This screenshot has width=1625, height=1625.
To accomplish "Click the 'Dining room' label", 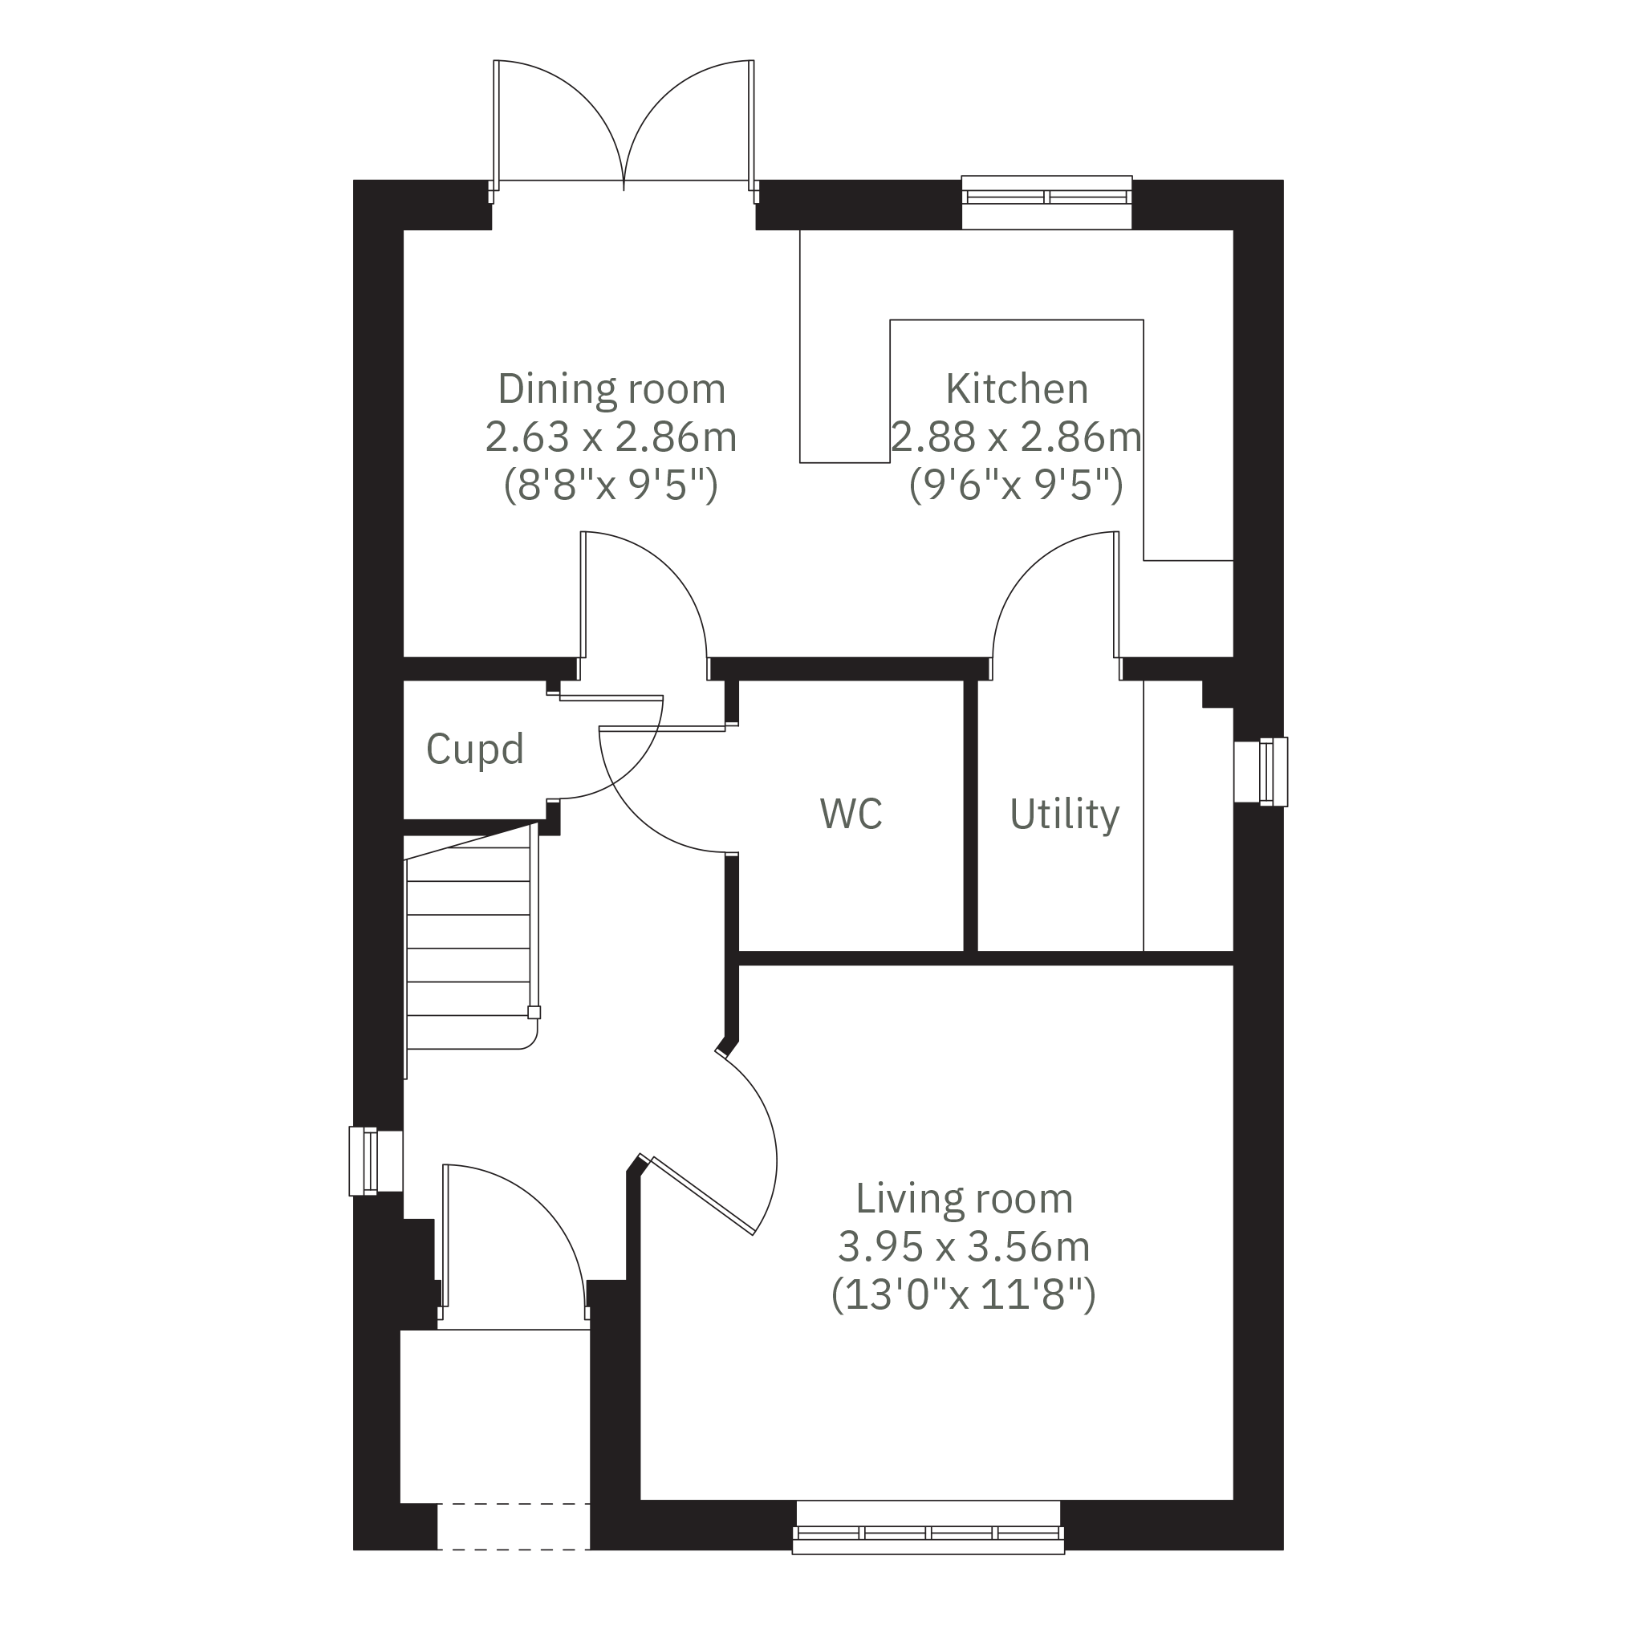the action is coord(611,389).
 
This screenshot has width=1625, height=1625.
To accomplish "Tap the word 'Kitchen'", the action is coord(1017,388).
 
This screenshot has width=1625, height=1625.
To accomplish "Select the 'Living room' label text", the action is coord(964,1199).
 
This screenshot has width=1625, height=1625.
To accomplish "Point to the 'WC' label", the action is coord(851,814).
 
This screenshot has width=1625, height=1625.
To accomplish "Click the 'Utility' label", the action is coord(1065,815).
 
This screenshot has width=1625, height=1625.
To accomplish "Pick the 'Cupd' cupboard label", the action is coord(475,749).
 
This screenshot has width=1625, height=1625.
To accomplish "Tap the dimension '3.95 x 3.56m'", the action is coord(964,1246).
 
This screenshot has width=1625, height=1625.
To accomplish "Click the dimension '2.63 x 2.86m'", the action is coord(611,437).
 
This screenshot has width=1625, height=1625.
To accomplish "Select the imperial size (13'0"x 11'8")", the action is coord(964,1294).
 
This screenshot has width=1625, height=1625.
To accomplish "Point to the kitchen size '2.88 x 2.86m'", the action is coord(1017,437).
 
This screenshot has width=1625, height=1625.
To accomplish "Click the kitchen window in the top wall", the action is coord(1046,202).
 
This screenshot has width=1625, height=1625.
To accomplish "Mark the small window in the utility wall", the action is coord(1261,771).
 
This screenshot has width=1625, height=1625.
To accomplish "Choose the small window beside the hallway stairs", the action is coord(376,1161).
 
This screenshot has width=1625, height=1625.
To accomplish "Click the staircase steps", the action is coord(469,949).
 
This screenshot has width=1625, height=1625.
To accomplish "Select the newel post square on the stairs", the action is coord(534,1013).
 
